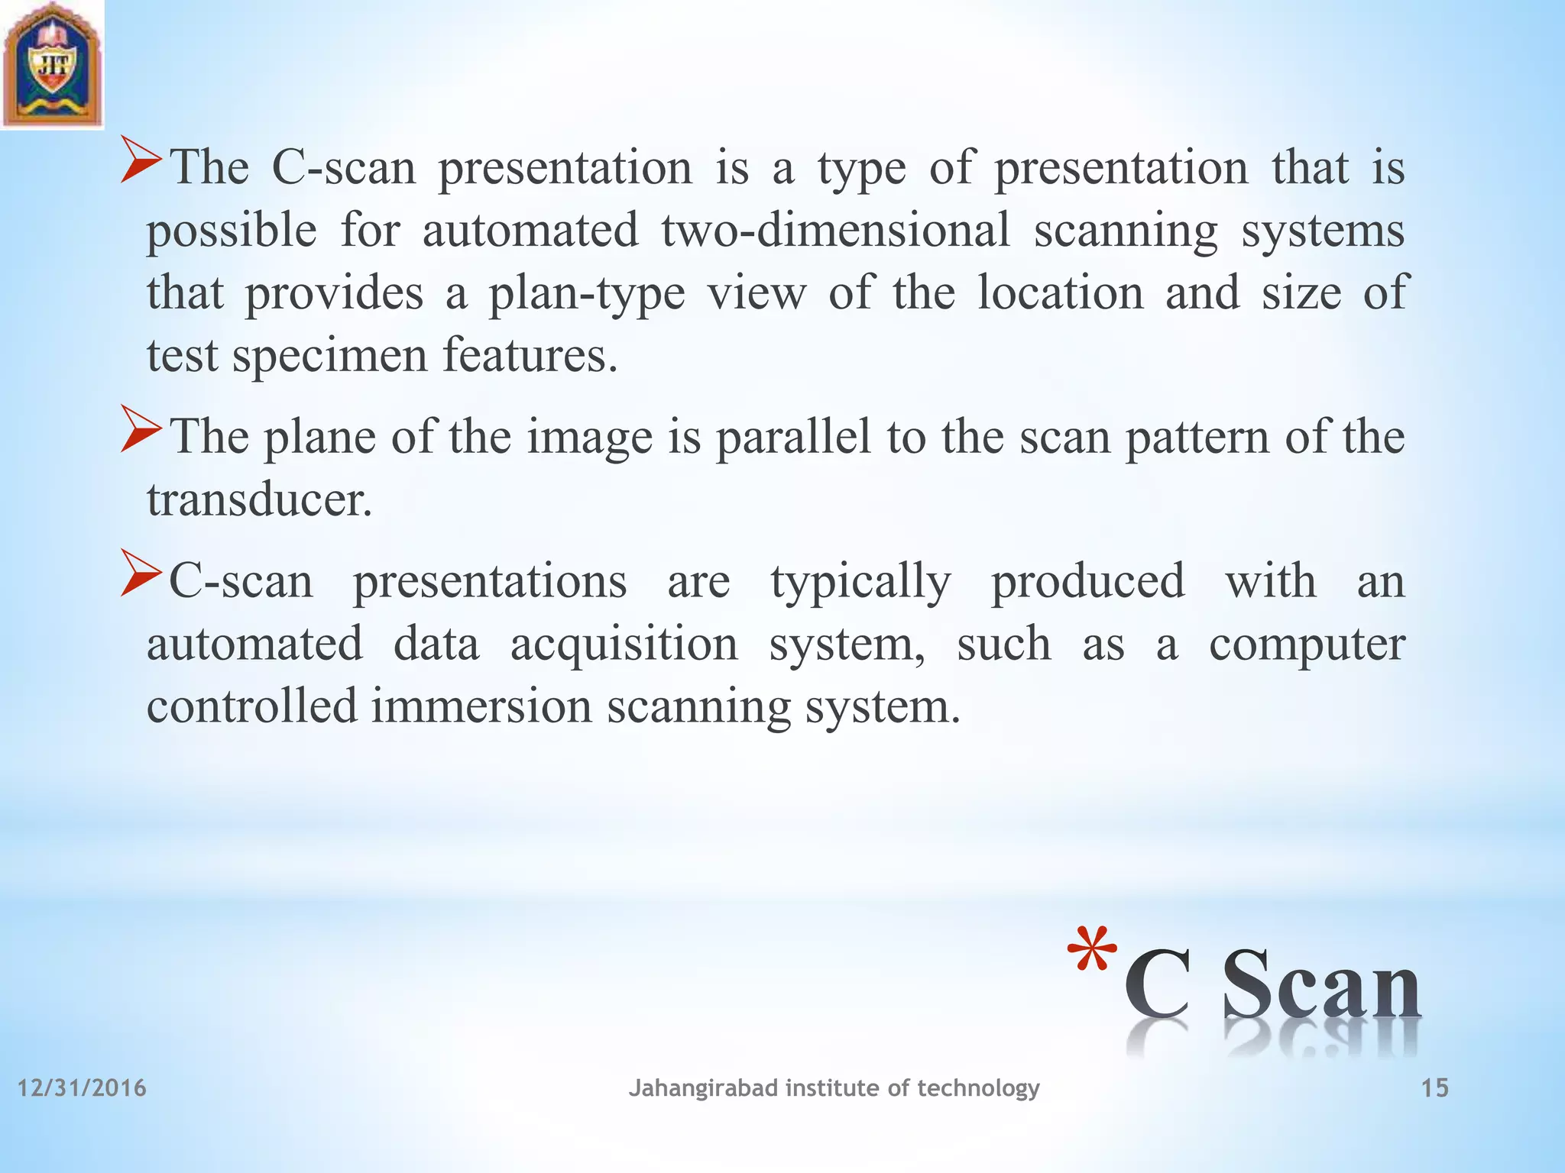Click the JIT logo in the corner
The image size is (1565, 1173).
(x=52, y=64)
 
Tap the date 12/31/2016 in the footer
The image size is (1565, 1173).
(x=82, y=1087)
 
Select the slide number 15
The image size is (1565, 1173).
(x=1434, y=1087)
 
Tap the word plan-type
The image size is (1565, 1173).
(x=587, y=293)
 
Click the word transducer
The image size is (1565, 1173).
(x=259, y=500)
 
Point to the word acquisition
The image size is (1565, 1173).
(x=624, y=644)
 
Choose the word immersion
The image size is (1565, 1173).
(x=481, y=706)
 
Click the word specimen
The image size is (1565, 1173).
(x=329, y=357)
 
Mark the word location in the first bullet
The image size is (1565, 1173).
(x=1061, y=292)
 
